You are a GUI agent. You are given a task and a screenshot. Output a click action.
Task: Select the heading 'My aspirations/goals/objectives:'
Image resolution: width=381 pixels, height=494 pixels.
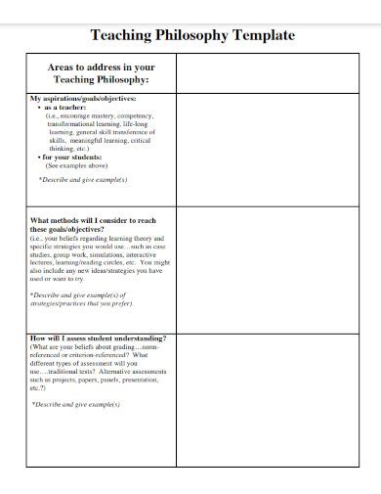[x=83, y=99]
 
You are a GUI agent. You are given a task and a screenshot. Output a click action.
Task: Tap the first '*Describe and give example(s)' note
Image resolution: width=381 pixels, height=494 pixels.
[x=83, y=180]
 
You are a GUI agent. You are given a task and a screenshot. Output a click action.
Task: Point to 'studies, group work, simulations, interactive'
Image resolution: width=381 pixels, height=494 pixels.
[x=98, y=255]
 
